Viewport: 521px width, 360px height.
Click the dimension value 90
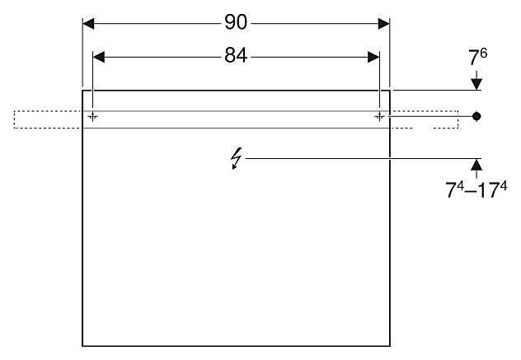coord(236,22)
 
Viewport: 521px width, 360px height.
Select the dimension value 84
coord(236,56)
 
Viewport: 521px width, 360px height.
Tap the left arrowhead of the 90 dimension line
coord(88,22)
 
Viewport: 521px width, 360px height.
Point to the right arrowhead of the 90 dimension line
coord(383,22)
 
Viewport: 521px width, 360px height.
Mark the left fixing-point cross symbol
coord(93,116)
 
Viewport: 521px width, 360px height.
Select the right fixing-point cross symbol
coord(379,116)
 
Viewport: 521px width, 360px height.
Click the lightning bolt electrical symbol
coord(237,157)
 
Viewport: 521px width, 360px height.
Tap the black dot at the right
coord(476,116)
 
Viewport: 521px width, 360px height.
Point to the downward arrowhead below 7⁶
coord(476,84)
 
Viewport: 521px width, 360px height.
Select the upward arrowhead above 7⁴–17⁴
coord(476,164)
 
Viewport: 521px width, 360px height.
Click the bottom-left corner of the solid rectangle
coord(82,346)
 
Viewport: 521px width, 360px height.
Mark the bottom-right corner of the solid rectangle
coord(389,346)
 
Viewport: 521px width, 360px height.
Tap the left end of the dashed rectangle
coord(14,119)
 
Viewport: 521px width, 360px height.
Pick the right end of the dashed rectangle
coord(458,119)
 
